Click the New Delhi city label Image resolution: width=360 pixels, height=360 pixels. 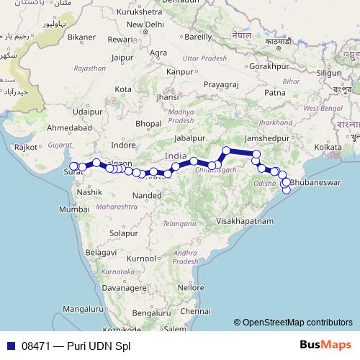[x=145, y=24]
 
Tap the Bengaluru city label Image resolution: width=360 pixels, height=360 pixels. [x=150, y=314]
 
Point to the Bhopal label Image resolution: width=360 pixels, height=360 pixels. [x=148, y=124]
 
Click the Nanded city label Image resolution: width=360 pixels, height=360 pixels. [x=147, y=195]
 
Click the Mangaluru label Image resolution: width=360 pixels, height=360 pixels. [x=83, y=309]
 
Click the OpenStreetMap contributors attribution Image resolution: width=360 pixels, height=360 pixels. [x=293, y=323]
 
